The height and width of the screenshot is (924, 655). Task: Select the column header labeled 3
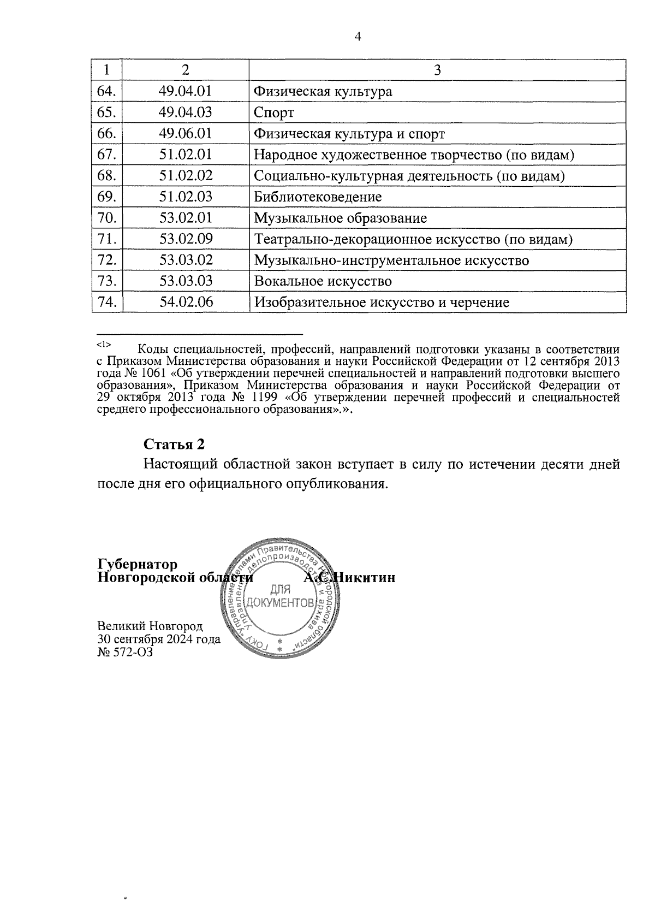(437, 70)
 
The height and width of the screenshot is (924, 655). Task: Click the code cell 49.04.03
(186, 112)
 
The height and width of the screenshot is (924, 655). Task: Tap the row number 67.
(107, 155)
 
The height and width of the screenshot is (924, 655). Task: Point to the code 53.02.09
(186, 239)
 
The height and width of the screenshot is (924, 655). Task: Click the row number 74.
(107, 302)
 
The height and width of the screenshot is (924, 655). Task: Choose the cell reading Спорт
(273, 113)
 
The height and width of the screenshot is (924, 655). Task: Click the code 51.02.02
(186, 176)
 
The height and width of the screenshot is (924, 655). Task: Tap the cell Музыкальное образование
(340, 218)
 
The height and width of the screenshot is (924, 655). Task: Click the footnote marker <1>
(104, 345)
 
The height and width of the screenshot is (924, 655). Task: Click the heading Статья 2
(174, 444)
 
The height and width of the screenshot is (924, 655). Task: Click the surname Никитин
(364, 577)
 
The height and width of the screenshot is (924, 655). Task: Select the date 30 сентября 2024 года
(159, 639)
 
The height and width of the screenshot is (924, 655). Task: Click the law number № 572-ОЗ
(125, 651)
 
